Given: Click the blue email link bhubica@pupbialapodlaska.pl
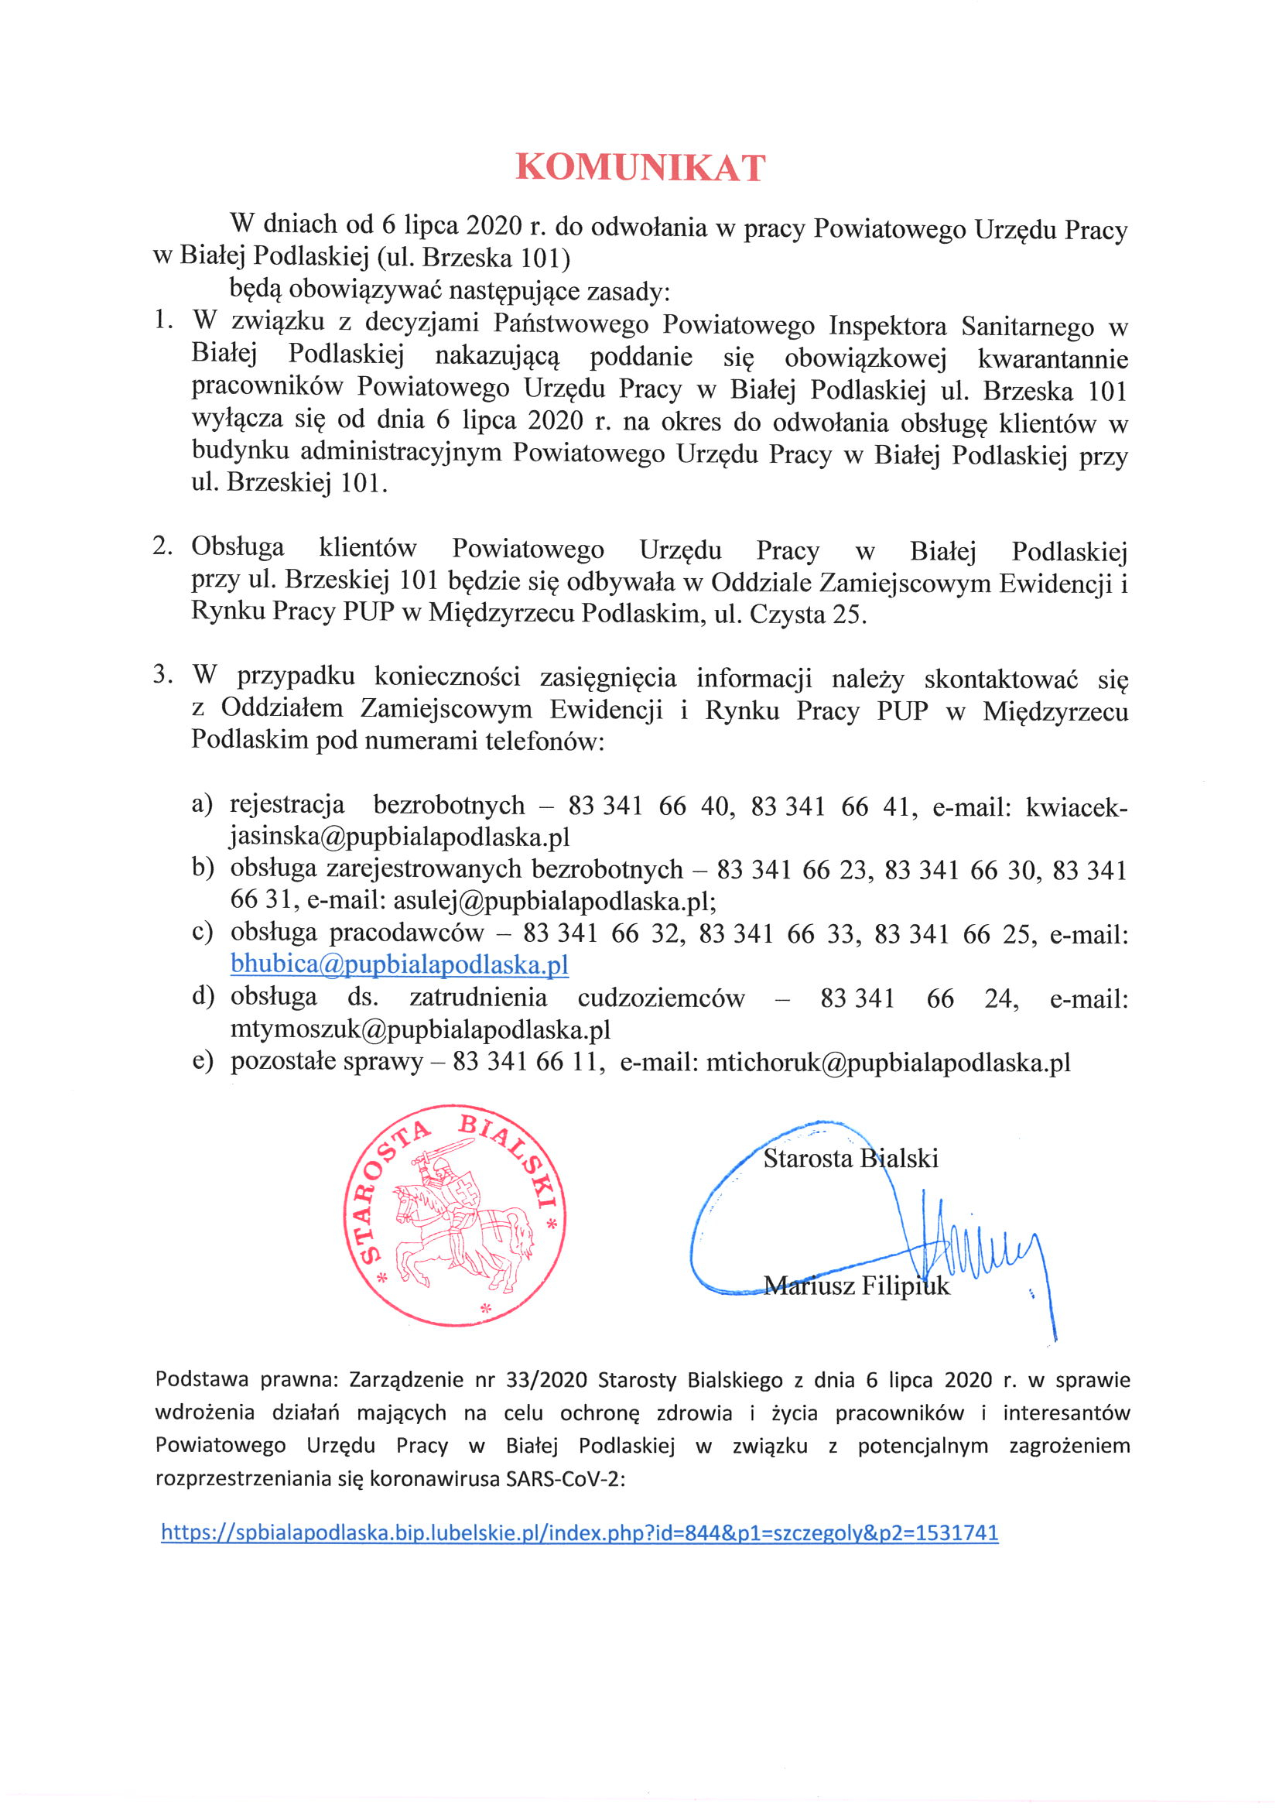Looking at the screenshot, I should [x=399, y=964].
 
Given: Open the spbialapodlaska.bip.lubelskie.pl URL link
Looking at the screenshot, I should [x=580, y=1532].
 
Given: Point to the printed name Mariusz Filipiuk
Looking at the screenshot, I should [x=856, y=1286].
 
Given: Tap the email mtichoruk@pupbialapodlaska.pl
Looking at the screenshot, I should [x=887, y=1062].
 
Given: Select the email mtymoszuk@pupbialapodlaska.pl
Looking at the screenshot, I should [x=420, y=1029].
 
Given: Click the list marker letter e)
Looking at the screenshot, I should [x=203, y=1061].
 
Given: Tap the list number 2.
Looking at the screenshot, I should [x=162, y=546].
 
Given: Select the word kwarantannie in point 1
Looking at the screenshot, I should [x=1052, y=359].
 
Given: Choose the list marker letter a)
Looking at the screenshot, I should [x=203, y=804].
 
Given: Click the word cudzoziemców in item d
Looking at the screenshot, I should [x=661, y=998].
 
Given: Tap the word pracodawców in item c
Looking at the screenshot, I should [x=406, y=933].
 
